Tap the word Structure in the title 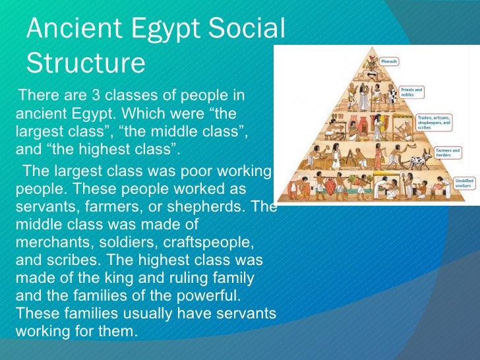click(85, 63)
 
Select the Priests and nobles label click(413, 92)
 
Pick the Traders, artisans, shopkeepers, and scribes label click(434, 123)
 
